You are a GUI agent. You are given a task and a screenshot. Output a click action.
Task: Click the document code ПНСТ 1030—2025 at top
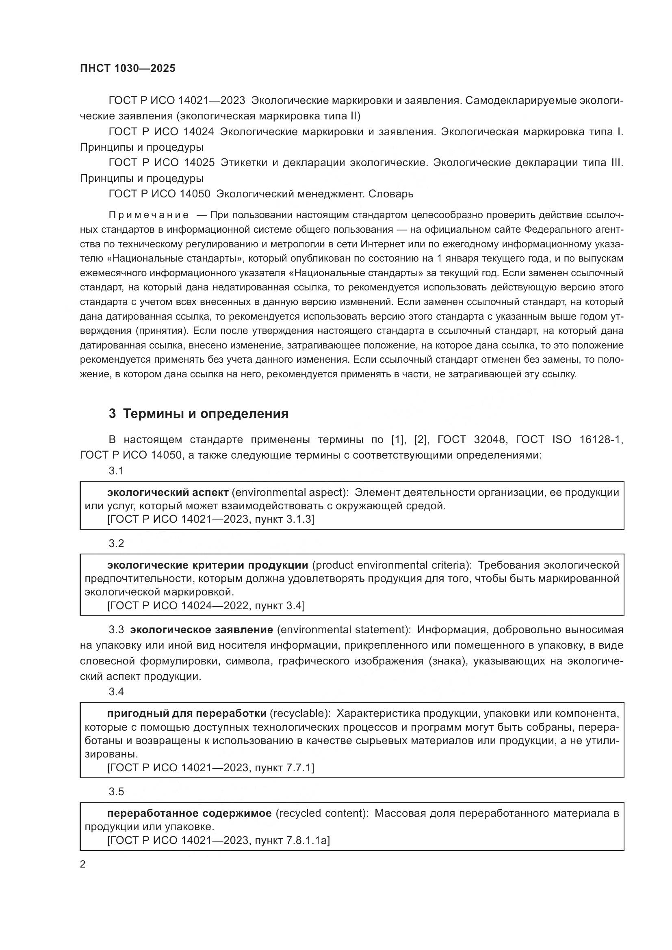click(x=128, y=69)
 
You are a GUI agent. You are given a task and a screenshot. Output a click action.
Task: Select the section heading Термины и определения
click(x=206, y=414)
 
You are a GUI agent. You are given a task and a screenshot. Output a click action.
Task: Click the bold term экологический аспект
click(x=167, y=492)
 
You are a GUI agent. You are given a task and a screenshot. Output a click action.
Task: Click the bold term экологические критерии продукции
click(x=207, y=565)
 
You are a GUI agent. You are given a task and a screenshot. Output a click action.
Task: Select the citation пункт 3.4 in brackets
click(x=279, y=606)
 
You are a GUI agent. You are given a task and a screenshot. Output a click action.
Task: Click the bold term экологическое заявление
click(x=202, y=630)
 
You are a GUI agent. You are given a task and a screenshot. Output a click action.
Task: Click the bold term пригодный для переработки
click(x=186, y=713)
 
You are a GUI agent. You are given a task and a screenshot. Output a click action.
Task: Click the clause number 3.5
click(x=116, y=792)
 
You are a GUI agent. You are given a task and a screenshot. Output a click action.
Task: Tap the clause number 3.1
click(x=116, y=471)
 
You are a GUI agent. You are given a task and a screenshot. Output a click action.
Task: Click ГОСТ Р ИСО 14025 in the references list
click(x=161, y=163)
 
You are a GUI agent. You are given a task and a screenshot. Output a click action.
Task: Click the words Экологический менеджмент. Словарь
click(x=315, y=194)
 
